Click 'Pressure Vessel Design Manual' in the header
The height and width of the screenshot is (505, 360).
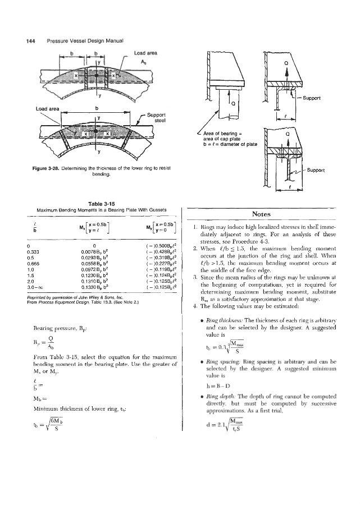[x=82, y=40]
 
